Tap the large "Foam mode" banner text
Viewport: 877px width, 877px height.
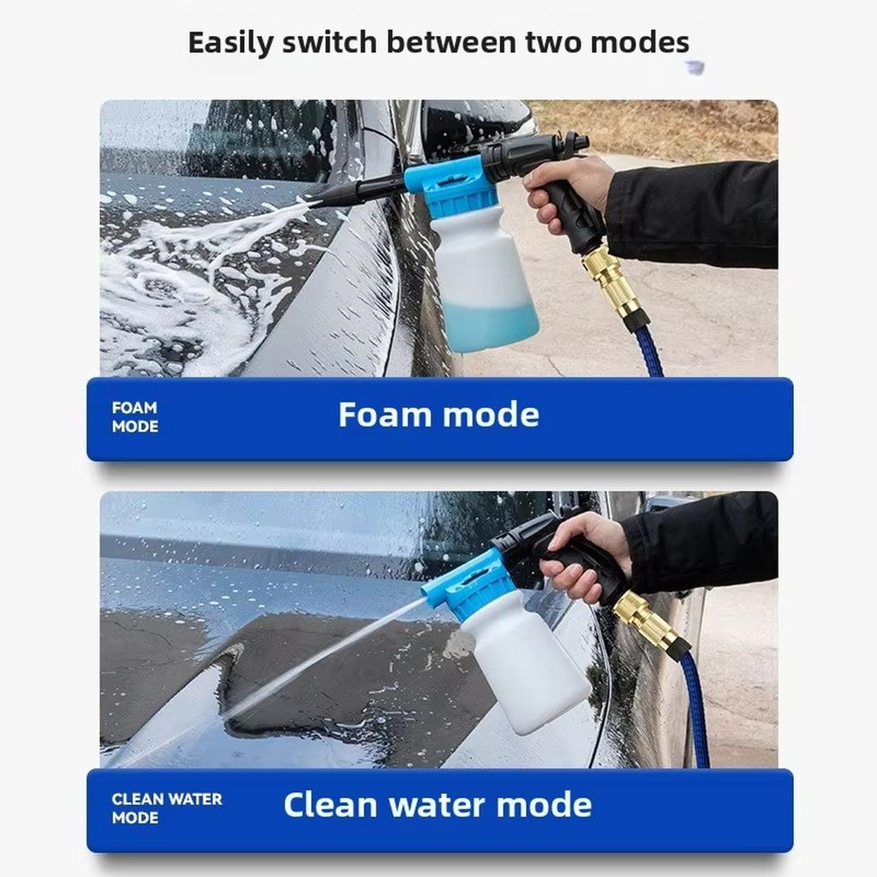coord(438,415)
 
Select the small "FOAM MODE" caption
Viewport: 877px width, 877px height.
coord(134,417)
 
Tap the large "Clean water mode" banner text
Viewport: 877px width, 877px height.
coord(438,806)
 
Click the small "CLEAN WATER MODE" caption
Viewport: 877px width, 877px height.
coord(166,808)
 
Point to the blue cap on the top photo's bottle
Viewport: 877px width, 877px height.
coord(452,184)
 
